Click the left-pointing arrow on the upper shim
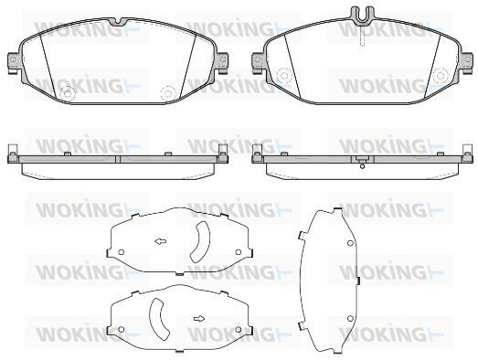tap(160, 242)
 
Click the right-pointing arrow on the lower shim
tap(199, 319)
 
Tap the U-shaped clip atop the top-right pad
tap(362, 15)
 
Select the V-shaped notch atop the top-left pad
tap(120, 22)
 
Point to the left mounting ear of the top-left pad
tap(13, 63)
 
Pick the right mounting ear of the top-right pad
tap(466, 63)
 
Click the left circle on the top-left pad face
tap(68, 92)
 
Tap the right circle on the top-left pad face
tap(167, 92)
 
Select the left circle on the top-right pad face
tap(283, 75)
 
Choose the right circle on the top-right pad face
tap(441, 75)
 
